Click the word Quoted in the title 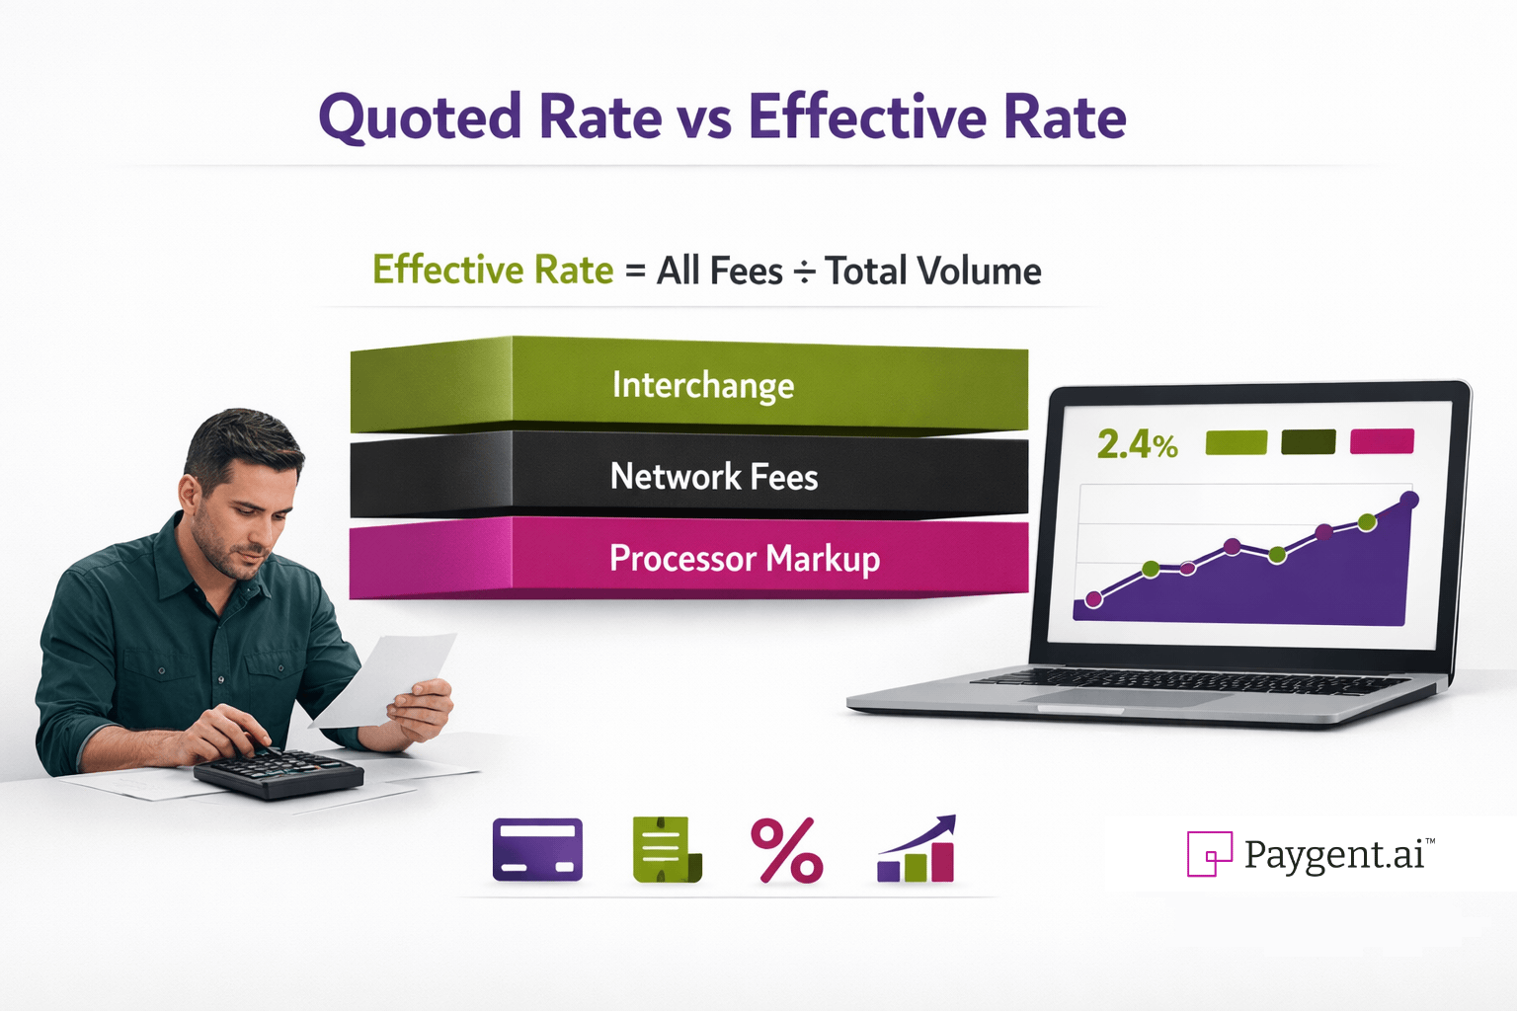tap(420, 118)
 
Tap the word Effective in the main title tap(867, 117)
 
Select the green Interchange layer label tap(702, 385)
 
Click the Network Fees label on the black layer tap(714, 477)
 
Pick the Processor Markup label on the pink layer tap(744, 559)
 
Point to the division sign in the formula tap(804, 272)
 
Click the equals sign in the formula tap(635, 272)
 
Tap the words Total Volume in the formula tap(932, 272)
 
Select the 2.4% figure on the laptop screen tap(1137, 445)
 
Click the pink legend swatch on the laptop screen tap(1381, 441)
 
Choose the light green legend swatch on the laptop tap(1236, 442)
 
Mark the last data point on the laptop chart tap(1409, 501)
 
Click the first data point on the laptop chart tap(1093, 599)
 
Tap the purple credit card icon tap(537, 849)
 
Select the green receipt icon tap(666, 849)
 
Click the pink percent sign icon tap(786, 850)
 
